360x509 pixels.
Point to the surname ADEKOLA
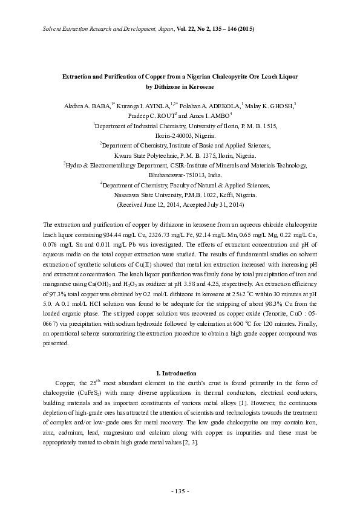[x=223, y=105]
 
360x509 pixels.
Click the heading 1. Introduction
[x=179, y=372]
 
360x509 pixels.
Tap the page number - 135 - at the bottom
[x=180, y=490]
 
